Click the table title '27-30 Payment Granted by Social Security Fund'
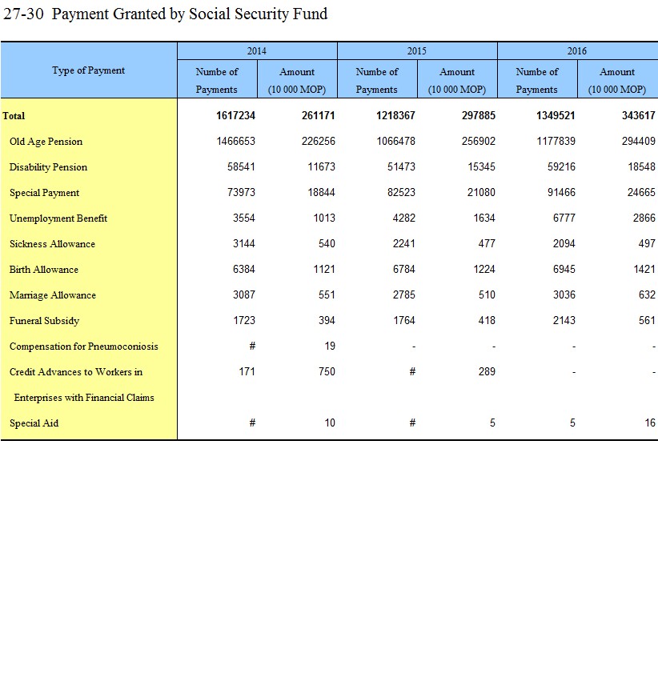(x=166, y=14)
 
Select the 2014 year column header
(x=257, y=51)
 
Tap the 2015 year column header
(x=417, y=51)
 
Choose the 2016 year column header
(x=577, y=51)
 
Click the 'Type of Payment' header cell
(x=89, y=70)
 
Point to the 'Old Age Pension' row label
(x=46, y=142)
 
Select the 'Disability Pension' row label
(x=48, y=167)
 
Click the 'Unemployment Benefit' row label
(x=58, y=218)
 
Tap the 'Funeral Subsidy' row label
(x=44, y=321)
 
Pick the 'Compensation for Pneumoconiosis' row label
(x=83, y=346)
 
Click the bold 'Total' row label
(x=14, y=116)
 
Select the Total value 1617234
(x=235, y=116)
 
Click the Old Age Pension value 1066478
(x=395, y=142)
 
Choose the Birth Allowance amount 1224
(x=483, y=270)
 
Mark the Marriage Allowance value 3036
(x=564, y=295)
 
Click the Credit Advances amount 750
(x=327, y=372)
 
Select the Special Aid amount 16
(x=649, y=423)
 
